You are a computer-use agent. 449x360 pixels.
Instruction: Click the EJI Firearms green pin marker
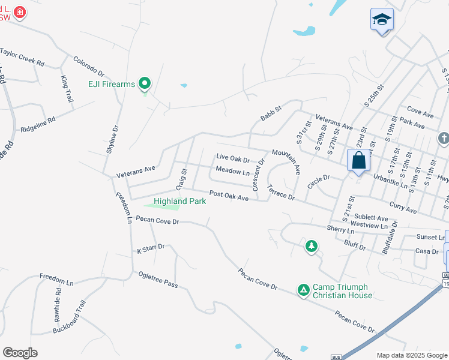pyautogui.click(x=144, y=84)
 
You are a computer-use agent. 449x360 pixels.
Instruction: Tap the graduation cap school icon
pyautogui.click(x=382, y=20)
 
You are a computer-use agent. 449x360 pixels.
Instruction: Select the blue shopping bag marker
pyautogui.click(x=358, y=161)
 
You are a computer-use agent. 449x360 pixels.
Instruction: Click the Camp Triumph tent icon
pyautogui.click(x=304, y=290)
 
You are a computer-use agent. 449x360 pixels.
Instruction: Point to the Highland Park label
pyautogui.click(x=180, y=201)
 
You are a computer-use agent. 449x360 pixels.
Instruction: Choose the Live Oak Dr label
pyautogui.click(x=232, y=159)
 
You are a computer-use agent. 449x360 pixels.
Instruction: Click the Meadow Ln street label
pyautogui.click(x=232, y=172)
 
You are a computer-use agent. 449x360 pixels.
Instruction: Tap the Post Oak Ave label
pyautogui.click(x=229, y=196)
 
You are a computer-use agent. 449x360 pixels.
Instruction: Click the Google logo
pyautogui.click(x=20, y=353)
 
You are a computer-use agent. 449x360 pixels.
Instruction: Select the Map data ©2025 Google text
pyautogui.click(x=412, y=355)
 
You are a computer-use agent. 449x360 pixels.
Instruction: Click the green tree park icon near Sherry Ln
pyautogui.click(x=311, y=245)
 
